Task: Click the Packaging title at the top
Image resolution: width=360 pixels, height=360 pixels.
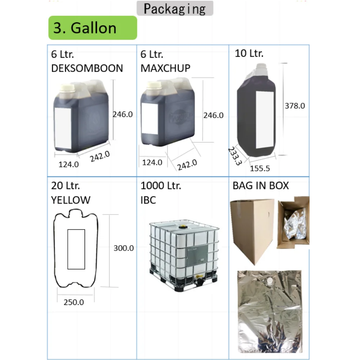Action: click(x=175, y=9)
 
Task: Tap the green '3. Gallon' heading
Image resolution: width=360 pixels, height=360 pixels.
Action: click(x=85, y=28)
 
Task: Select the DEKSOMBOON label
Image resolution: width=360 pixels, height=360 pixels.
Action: click(x=87, y=68)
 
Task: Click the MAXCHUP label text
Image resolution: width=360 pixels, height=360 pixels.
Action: click(x=165, y=68)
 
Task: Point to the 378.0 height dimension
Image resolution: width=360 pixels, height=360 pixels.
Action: click(x=294, y=105)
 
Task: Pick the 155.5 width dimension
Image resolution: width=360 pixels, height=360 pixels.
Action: click(x=260, y=168)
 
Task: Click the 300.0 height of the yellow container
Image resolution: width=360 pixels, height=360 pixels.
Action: click(x=123, y=248)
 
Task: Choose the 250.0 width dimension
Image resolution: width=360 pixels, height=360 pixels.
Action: click(x=74, y=302)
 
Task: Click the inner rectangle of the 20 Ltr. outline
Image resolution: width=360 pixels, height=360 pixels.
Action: click(x=76, y=249)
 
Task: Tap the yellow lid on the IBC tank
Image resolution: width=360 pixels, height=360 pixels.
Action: click(x=183, y=227)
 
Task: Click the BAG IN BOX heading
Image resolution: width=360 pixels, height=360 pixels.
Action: click(x=261, y=185)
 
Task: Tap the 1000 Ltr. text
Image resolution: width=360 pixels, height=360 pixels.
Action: click(x=161, y=186)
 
